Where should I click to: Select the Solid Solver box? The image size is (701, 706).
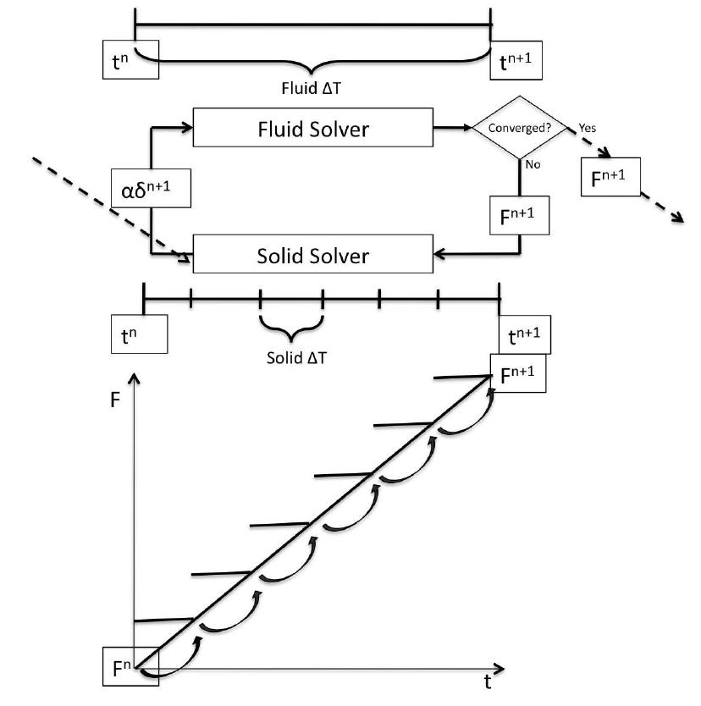(312, 255)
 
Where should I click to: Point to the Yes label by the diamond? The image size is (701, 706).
(588, 128)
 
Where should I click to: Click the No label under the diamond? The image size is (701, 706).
(533, 165)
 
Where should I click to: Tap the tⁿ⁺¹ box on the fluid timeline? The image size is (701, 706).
(516, 60)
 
